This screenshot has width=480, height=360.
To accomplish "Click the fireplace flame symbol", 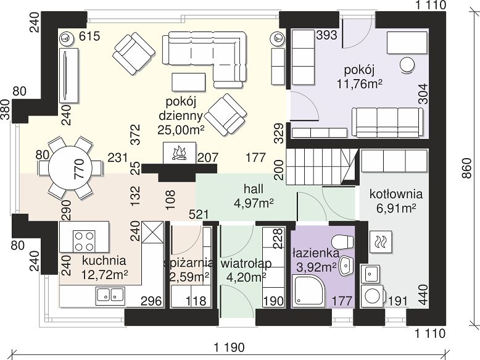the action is pyautogui.click(x=180, y=154).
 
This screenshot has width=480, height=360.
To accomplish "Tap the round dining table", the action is pyautogui.click(x=70, y=168).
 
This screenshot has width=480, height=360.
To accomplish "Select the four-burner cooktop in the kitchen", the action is pyautogui.click(x=84, y=241).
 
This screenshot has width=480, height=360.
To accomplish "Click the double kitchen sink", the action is pyautogui.click(x=110, y=295).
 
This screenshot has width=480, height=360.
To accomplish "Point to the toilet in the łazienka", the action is pyautogui.click(x=343, y=241).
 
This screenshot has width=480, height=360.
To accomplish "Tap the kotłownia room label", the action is pyautogui.click(x=396, y=194).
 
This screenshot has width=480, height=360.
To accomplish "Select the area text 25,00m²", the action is pyautogui.click(x=181, y=130).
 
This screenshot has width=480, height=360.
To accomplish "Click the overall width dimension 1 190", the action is pyautogui.click(x=230, y=348).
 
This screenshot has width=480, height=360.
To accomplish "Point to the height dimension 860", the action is pyautogui.click(x=467, y=168).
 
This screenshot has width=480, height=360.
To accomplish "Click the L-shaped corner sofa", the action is pyautogui.click(x=204, y=56).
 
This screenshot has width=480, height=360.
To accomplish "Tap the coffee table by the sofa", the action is pyautogui.click(x=189, y=82).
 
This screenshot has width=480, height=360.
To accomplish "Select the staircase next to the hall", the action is pyautogui.click(x=322, y=167).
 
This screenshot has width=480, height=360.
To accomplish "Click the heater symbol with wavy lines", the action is pyautogui.click(x=381, y=240).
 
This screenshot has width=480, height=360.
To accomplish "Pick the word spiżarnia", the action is pyautogui.click(x=189, y=263).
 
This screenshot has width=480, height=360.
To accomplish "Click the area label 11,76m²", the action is pyautogui.click(x=360, y=83).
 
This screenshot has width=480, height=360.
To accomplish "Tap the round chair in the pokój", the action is pyautogui.click(x=407, y=65).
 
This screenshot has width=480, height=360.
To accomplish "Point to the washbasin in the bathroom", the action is pyautogui.click(x=346, y=265).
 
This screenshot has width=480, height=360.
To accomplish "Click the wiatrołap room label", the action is pyautogui.click(x=246, y=263).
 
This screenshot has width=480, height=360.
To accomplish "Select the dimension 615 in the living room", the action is pyautogui.click(x=89, y=36).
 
